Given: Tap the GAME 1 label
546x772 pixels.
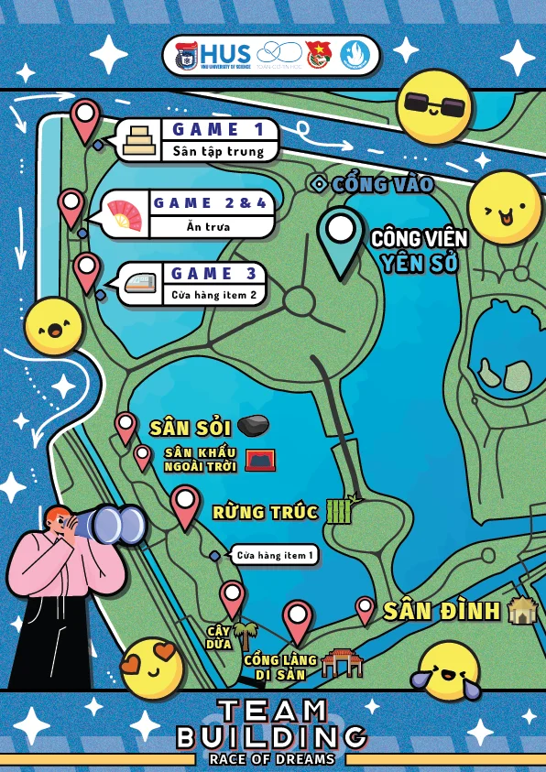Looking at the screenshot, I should (x=219, y=129).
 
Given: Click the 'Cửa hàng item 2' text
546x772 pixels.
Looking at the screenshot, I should (x=214, y=295).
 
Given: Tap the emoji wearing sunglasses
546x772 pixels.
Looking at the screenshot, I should (x=434, y=105).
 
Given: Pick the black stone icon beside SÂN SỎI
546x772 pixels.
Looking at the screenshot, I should (x=253, y=425).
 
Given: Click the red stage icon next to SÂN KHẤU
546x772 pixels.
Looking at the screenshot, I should (x=260, y=460).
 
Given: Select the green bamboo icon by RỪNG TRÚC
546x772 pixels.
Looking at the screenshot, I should (x=340, y=509).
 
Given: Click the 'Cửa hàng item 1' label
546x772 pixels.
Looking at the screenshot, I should (x=274, y=555).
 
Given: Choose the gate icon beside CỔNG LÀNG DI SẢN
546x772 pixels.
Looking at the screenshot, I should (x=343, y=662).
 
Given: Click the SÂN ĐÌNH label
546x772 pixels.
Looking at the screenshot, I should (x=441, y=611).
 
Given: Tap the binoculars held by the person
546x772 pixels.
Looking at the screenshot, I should (x=115, y=525).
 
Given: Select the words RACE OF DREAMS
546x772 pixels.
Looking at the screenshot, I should (x=271, y=759).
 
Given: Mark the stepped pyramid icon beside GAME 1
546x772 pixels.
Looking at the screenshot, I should (x=140, y=140).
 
